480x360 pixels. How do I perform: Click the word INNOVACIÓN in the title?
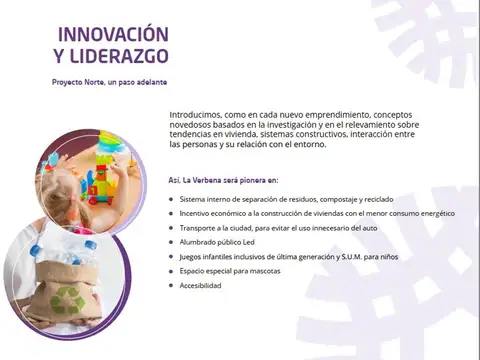point(113,35)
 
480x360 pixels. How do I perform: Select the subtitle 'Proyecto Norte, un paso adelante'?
point(110,80)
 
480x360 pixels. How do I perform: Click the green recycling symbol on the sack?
point(69,297)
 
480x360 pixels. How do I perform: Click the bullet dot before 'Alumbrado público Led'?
point(172,243)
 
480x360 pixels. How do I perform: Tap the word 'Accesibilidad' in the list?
point(201,286)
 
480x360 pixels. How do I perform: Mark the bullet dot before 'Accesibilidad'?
point(172,286)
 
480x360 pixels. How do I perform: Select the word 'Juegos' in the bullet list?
point(193,257)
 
